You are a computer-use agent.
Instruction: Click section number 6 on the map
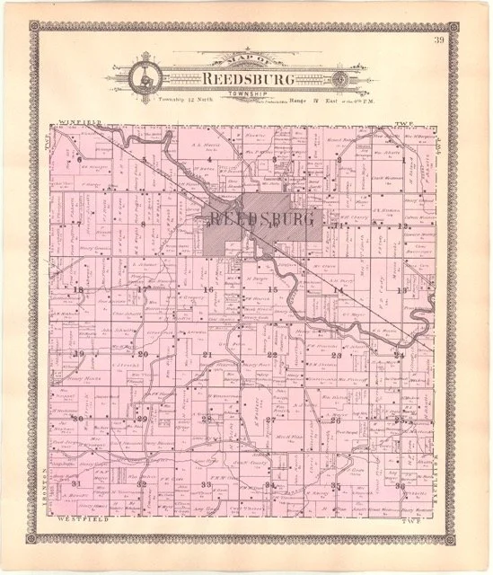(x=79, y=160)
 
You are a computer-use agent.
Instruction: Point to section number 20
(x=142, y=354)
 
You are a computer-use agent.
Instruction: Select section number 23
(x=334, y=356)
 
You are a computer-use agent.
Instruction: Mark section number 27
(x=269, y=419)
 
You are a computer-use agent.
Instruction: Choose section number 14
(x=338, y=291)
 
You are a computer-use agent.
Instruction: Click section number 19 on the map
(x=78, y=354)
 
